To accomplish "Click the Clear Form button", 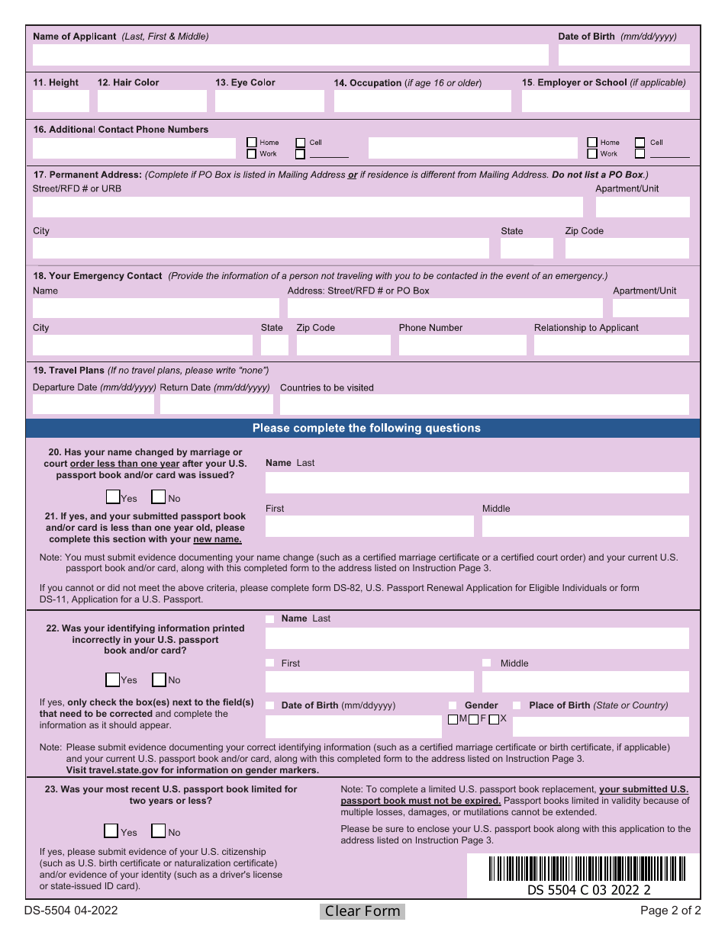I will click(362, 911).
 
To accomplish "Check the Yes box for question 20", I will click(113, 497).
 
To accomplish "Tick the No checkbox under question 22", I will click(159, 679).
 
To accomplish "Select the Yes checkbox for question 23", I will click(111, 831).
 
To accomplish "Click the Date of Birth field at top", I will click(623, 55).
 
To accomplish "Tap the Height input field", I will click(60, 101).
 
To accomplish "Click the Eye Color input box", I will click(269, 101).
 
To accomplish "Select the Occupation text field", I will click(422, 101).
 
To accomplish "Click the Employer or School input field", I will click(605, 101).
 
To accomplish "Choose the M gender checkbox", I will click(453, 719).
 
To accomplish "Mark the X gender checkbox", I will click(494, 719).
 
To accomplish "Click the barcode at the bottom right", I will click(587, 869).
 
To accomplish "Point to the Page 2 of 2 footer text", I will click(670, 911).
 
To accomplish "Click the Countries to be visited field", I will click(484, 404).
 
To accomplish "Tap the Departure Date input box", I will click(94, 404).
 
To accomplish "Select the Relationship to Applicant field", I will click(611, 345).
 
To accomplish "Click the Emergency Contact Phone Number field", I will click(462, 345).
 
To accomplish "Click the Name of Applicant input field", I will click(290, 55).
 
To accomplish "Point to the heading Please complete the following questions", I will click(366, 428).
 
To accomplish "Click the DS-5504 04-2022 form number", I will click(71, 911).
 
